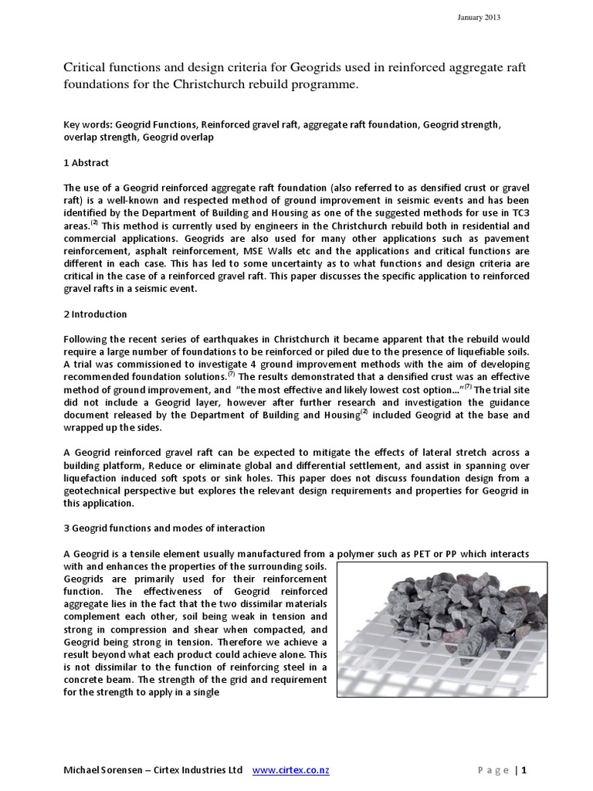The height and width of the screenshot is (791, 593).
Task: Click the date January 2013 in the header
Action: (479, 19)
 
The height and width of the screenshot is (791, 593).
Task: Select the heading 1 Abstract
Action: (86, 163)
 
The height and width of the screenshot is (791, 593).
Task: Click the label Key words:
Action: (86, 124)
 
